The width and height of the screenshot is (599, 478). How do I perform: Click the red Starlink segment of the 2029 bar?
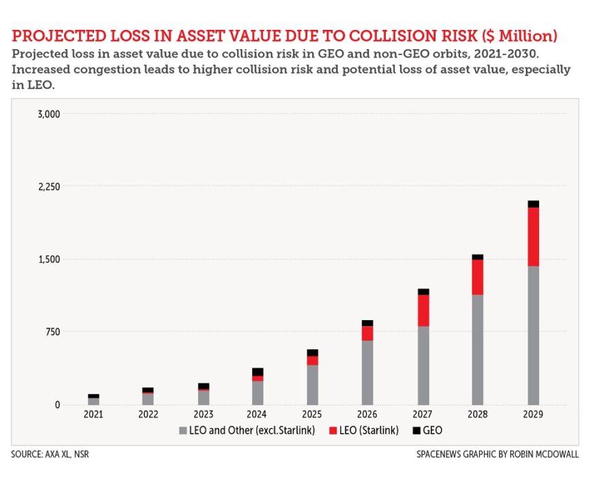[533, 236]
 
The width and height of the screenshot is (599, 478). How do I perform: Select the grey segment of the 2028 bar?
[477, 349]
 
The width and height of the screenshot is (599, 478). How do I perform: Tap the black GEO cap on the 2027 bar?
[423, 291]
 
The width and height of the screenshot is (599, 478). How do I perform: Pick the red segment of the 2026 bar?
[367, 333]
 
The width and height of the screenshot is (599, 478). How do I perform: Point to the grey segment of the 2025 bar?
[312, 385]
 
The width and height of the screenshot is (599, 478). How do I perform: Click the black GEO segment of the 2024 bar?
[258, 372]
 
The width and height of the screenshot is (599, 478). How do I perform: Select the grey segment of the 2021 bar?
[93, 401]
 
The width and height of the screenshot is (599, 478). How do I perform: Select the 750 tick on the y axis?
[54, 332]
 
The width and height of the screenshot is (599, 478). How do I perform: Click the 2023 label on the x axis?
[204, 414]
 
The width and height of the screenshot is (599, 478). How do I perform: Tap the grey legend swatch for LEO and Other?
[182, 430]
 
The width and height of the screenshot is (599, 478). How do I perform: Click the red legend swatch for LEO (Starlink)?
[333, 430]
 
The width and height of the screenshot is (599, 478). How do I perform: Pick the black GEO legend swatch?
[417, 430]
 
